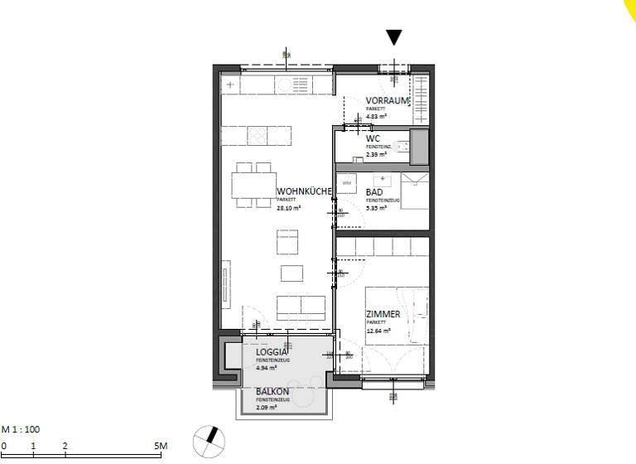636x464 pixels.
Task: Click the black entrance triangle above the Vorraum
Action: click(x=394, y=37)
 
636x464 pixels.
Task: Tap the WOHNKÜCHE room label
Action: click(x=304, y=191)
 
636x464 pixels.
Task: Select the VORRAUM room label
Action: click(x=388, y=101)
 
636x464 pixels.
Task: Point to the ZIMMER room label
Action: click(x=383, y=314)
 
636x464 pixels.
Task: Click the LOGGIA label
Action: click(x=272, y=353)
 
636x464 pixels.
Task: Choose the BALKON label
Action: click(x=272, y=391)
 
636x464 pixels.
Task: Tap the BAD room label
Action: click(x=374, y=192)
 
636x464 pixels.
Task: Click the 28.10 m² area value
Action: click(x=288, y=209)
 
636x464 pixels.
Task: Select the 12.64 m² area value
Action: click(x=378, y=331)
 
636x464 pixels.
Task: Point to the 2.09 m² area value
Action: click(x=266, y=407)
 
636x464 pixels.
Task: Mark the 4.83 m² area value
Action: click(x=377, y=117)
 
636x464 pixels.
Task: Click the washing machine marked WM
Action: click(x=347, y=182)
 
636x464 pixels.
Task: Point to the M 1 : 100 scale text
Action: click(x=21, y=429)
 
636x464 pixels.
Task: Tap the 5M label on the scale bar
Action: click(x=161, y=447)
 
